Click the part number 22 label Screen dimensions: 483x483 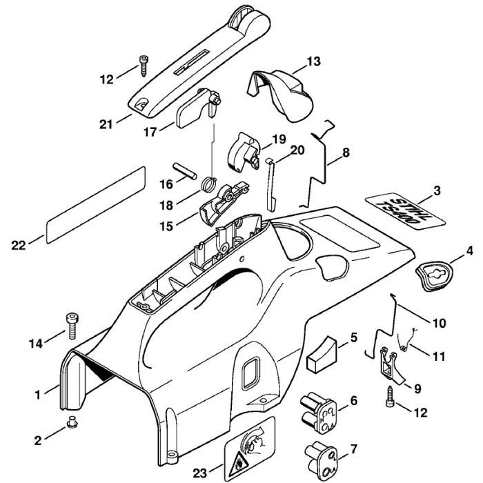[19, 243]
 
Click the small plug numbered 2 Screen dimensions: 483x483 [71, 422]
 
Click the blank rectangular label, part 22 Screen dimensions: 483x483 [95, 203]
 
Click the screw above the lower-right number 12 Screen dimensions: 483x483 [391, 394]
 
